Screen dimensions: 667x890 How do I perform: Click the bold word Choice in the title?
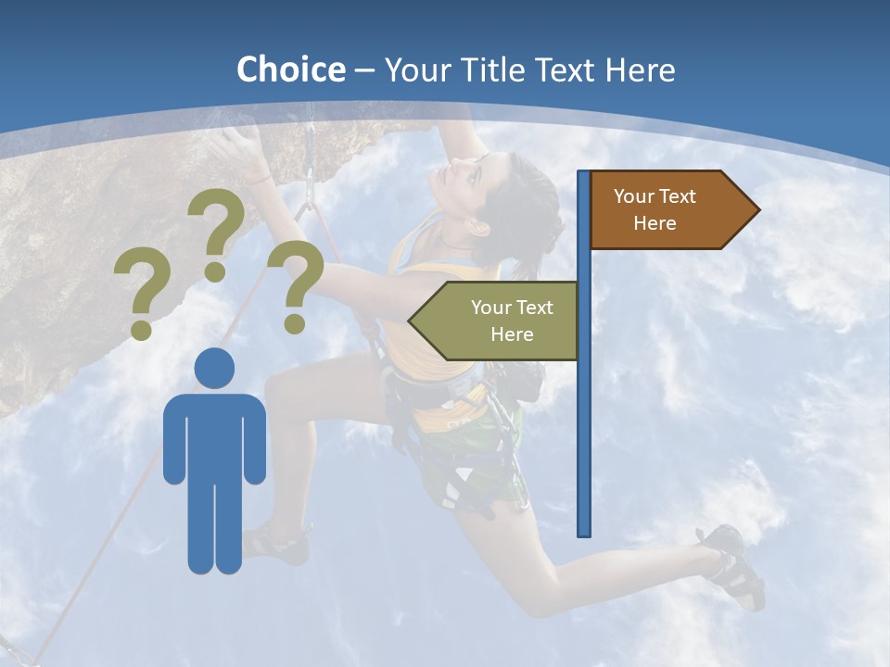point(290,69)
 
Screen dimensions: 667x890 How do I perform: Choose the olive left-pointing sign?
point(501,321)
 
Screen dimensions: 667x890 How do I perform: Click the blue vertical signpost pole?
point(584,389)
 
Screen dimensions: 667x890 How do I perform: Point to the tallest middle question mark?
point(216,232)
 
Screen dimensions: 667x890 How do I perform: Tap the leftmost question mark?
point(142,296)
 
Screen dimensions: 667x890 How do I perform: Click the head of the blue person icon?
point(214,368)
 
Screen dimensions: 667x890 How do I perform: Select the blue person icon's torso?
point(214,435)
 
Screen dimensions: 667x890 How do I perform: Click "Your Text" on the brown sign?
point(655,196)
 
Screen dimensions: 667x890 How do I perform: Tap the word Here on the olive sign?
point(512,334)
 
